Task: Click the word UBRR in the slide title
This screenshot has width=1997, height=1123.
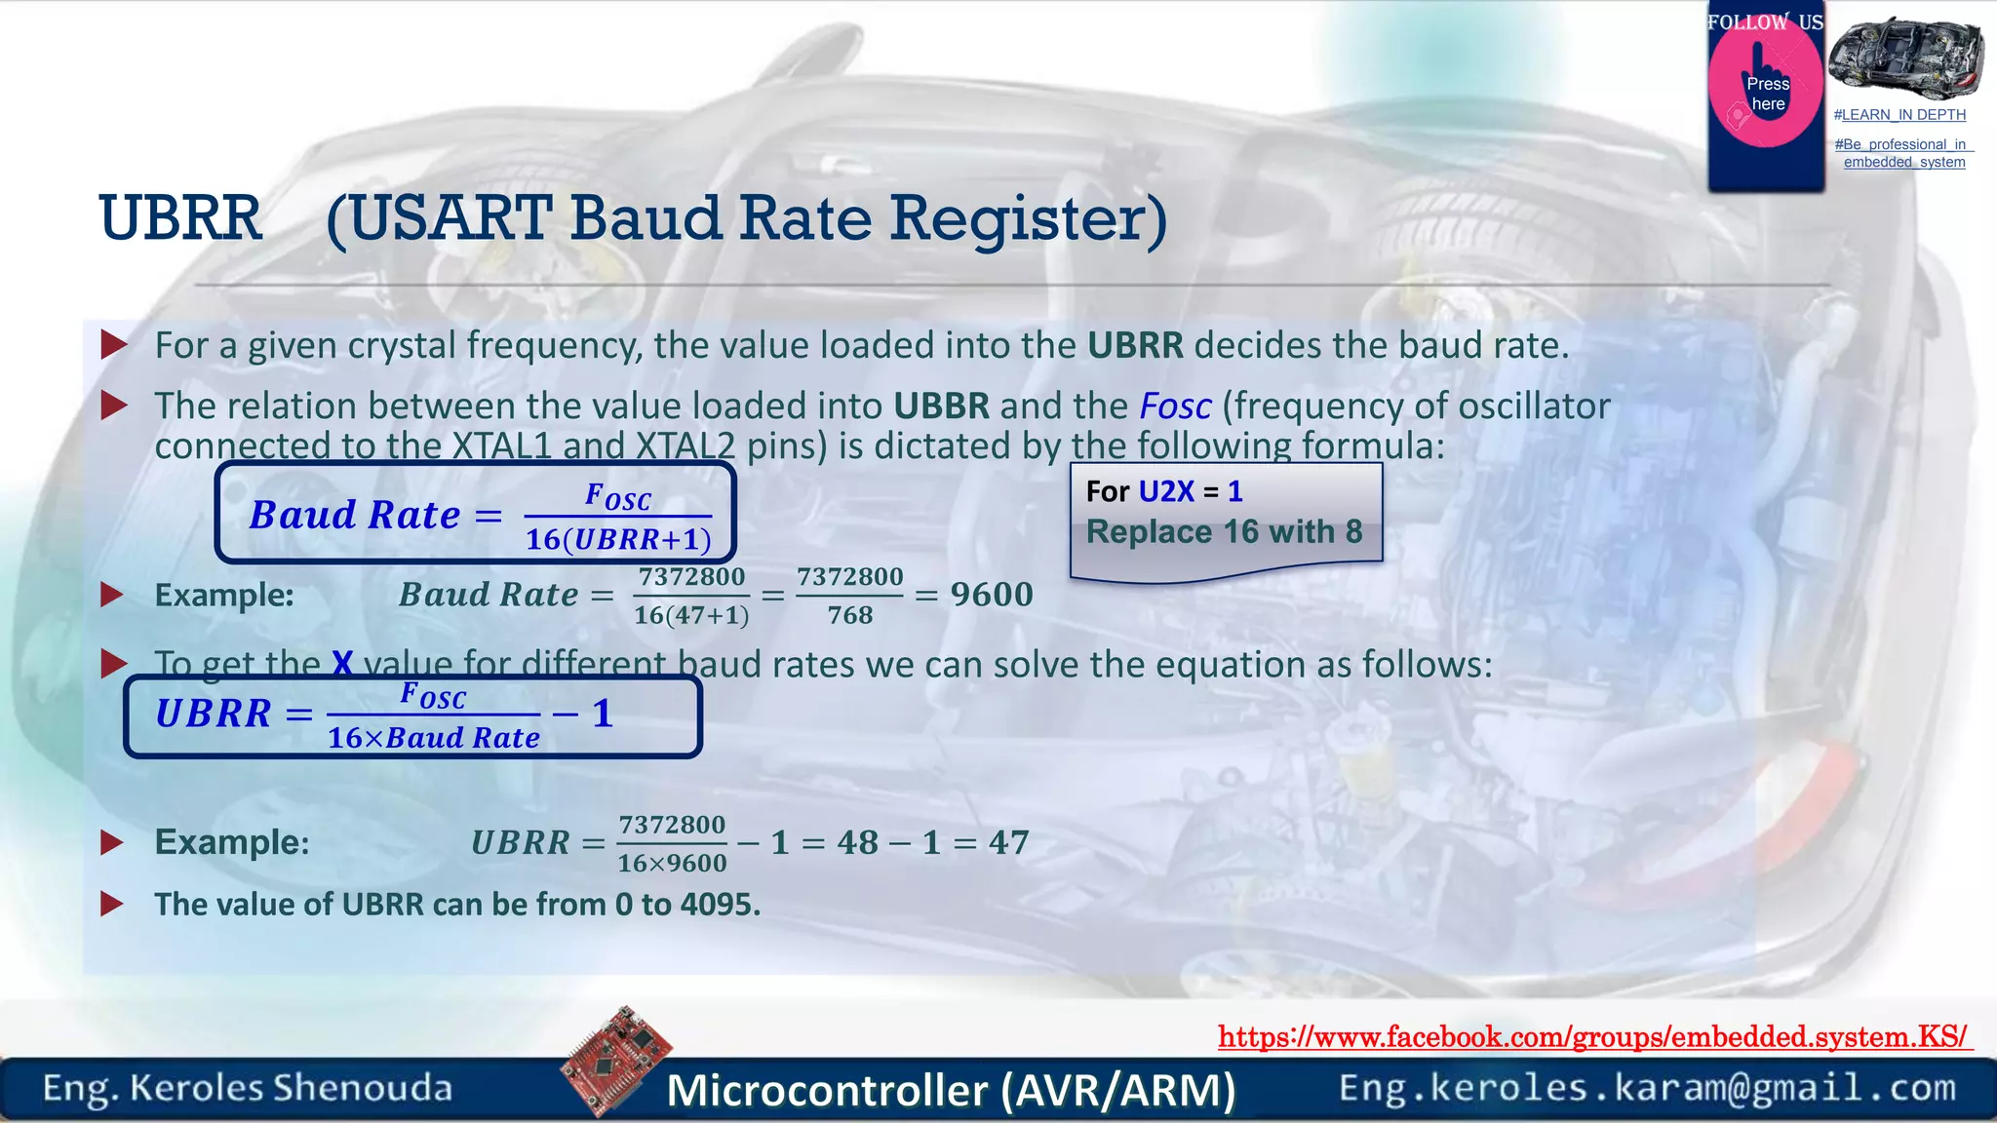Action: pyautogui.click(x=180, y=217)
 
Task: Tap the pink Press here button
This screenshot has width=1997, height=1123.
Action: pyautogui.click(x=1766, y=95)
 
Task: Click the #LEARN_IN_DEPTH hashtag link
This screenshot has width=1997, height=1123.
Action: pyautogui.click(x=1899, y=115)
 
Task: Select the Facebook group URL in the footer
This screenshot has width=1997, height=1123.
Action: pyautogui.click(x=1593, y=1036)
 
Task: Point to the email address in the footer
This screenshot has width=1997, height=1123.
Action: pyautogui.click(x=1647, y=1088)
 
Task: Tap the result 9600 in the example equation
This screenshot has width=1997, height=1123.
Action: pyautogui.click(x=992, y=595)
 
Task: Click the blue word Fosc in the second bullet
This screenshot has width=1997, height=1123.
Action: pyautogui.click(x=1175, y=406)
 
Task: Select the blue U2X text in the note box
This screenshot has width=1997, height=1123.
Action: pyautogui.click(x=1166, y=491)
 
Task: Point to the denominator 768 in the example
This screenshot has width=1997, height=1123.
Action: pyautogui.click(x=850, y=615)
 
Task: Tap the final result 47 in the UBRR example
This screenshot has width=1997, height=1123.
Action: pyautogui.click(x=1008, y=842)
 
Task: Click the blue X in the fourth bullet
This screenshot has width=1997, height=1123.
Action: pyautogui.click(x=342, y=664)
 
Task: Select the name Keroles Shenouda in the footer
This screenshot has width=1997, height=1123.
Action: pyautogui.click(x=291, y=1088)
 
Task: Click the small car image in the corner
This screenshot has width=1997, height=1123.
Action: pyautogui.click(x=1905, y=58)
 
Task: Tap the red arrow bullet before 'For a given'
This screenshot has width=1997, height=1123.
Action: pyautogui.click(x=114, y=344)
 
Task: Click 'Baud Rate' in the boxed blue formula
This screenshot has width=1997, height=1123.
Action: pyautogui.click(x=355, y=515)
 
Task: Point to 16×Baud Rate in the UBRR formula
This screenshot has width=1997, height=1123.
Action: pyautogui.click(x=433, y=738)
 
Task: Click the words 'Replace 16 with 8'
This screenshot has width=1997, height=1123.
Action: pyautogui.click(x=1224, y=532)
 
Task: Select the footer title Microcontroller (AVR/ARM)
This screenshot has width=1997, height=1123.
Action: pyautogui.click(x=951, y=1090)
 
